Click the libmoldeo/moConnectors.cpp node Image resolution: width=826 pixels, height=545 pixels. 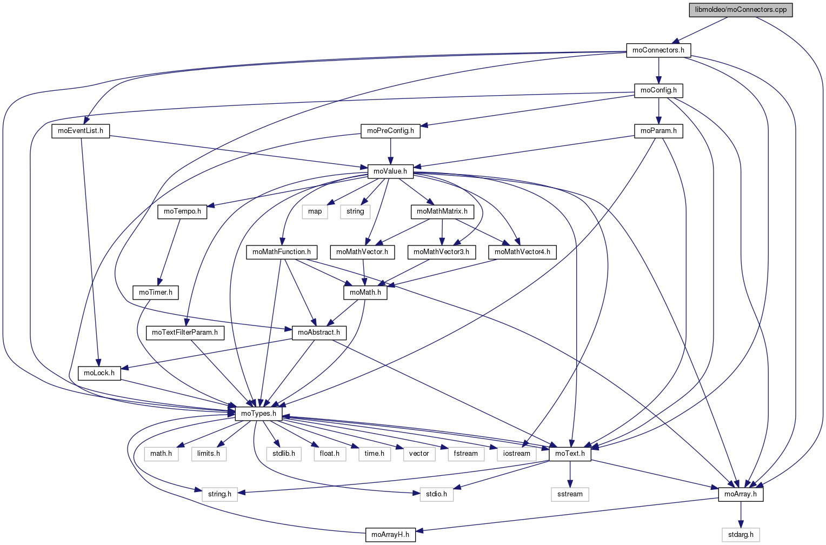740,10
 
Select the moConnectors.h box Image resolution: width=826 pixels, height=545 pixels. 658,50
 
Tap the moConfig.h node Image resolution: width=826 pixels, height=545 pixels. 658,90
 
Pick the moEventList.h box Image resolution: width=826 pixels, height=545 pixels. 81,131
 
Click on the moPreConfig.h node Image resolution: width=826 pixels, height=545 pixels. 390,131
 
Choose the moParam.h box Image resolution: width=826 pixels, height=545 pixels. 658,131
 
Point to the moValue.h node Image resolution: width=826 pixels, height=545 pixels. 390,171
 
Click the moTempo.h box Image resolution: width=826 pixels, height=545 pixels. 183,211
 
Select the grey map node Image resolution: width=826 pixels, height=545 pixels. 315,211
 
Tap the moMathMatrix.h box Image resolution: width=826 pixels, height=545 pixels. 442,211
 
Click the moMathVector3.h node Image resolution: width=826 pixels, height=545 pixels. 442,252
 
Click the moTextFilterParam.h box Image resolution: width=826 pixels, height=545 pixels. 185,333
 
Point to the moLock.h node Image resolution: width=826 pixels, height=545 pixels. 99,373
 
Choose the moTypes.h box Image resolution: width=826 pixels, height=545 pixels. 258,414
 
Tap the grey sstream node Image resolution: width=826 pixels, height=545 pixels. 570,494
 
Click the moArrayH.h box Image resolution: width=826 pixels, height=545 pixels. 390,535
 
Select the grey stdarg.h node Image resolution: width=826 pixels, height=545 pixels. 741,535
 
